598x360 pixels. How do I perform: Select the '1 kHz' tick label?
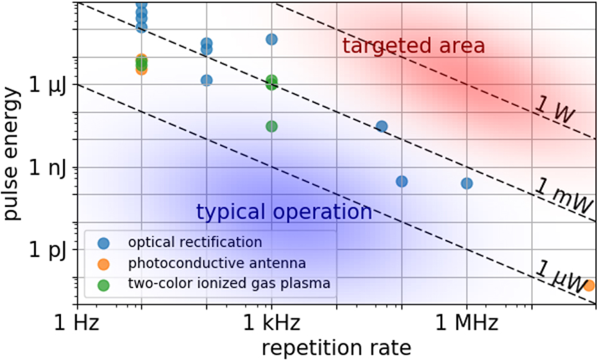[271, 324]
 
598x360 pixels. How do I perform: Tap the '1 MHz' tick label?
[466, 324]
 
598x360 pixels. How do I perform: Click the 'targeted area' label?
[413, 46]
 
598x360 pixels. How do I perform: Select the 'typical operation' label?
[284, 212]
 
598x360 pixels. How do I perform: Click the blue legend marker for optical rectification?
[105, 243]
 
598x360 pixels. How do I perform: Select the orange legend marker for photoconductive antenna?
[105, 264]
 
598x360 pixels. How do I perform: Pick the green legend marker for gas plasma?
[105, 285]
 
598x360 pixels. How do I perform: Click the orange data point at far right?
[589, 285]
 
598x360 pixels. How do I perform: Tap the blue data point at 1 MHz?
[466, 183]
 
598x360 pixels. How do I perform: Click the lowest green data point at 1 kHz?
[271, 126]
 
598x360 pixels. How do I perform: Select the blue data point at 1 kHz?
[271, 39]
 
